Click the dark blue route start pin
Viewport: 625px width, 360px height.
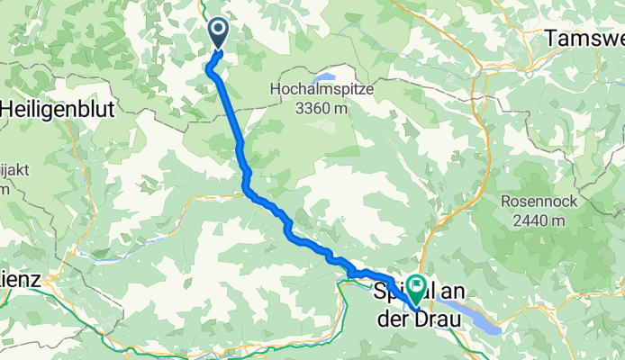coord(219,33)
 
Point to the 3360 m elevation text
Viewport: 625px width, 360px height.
coord(318,108)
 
